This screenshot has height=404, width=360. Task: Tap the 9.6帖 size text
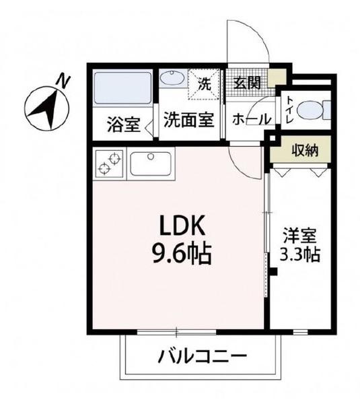pyautogui.click(x=177, y=254)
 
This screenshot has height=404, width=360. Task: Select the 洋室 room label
pyautogui.click(x=299, y=237)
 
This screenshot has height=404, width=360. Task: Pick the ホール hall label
pyautogui.click(x=251, y=119)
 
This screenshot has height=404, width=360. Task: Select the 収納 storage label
pyautogui.click(x=304, y=149)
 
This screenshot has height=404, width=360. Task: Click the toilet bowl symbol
pyautogui.click(x=313, y=109)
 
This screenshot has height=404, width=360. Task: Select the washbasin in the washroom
pyautogui.click(x=174, y=79)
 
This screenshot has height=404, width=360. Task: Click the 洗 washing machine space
pyautogui.click(x=205, y=85)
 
